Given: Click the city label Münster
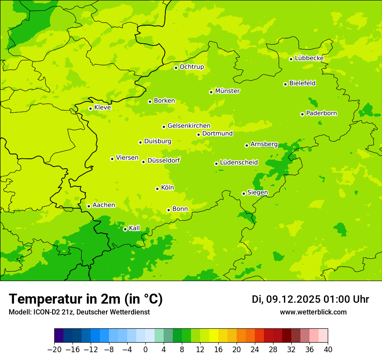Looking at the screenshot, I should [227, 91].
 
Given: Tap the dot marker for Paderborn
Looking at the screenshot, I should [302, 114].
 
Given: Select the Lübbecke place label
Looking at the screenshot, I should [309, 58].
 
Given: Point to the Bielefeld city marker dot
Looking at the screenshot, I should [285, 84].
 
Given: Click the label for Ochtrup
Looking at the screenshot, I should [191, 67].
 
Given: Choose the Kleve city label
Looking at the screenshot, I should [102, 108].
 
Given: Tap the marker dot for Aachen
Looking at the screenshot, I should [89, 206].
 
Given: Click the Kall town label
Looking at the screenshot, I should [134, 228].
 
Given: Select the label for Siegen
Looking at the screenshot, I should [257, 193].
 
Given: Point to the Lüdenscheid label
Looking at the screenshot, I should [239, 163].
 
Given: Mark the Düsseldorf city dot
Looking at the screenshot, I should [143, 162].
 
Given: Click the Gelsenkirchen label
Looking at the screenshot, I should [189, 126].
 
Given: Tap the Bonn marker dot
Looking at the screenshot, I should [168, 210].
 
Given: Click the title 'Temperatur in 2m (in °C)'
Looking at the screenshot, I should [86, 299].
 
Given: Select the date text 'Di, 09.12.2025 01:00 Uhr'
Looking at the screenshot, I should [310, 299].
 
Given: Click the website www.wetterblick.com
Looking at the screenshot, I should [313, 312].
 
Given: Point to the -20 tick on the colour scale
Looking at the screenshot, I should [54, 349].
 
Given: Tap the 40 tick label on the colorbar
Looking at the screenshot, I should [328, 349].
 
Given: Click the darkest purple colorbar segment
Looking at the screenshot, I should [59, 336].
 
